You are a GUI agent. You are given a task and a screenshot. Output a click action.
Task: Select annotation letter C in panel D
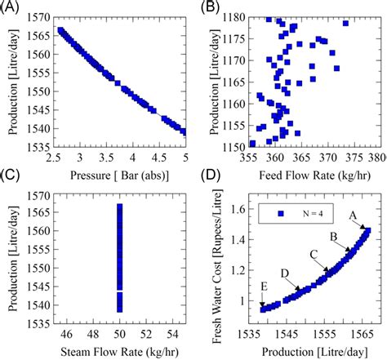[x=313, y=254]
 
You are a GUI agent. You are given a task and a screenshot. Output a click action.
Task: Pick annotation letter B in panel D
[x=333, y=237]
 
